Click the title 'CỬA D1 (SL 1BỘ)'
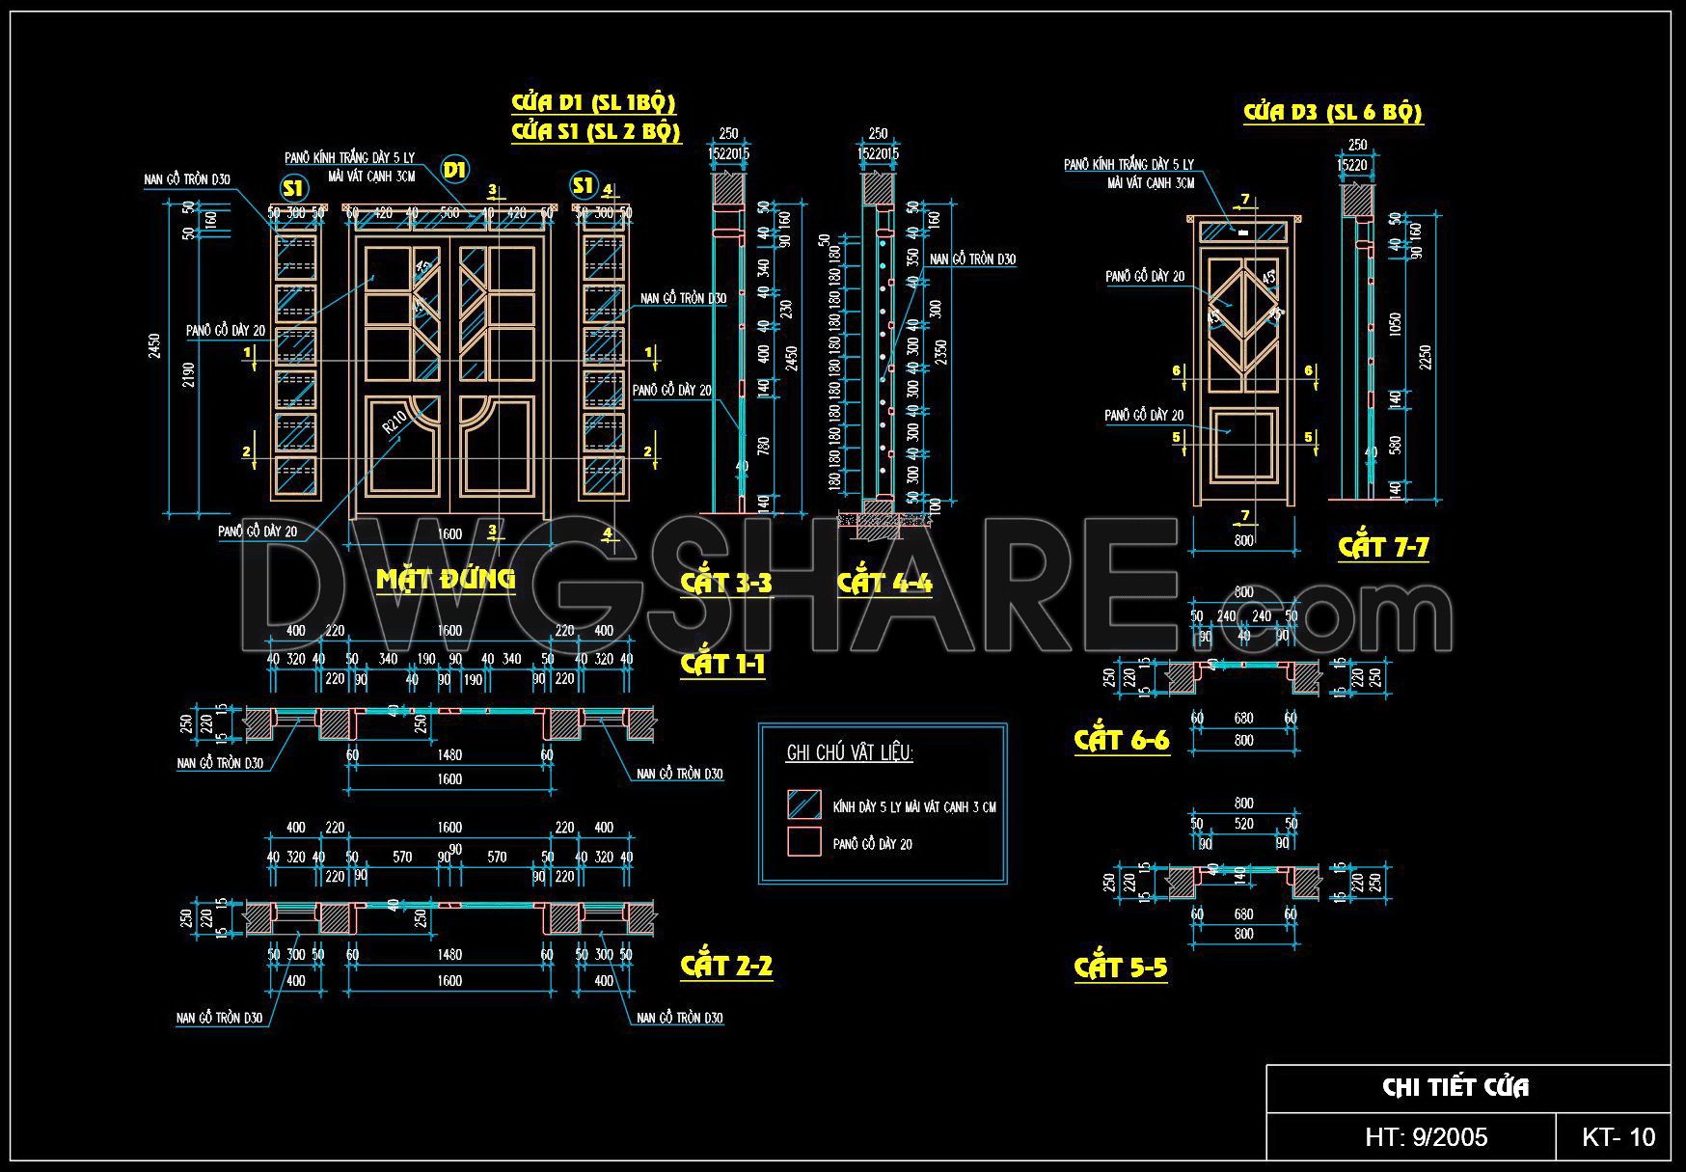593,103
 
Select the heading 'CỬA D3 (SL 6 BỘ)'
1333,112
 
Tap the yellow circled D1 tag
454,171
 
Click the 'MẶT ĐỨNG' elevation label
446,579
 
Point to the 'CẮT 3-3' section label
725,583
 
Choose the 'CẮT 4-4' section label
884,583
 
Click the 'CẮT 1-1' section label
722,664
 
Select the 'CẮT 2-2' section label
726,966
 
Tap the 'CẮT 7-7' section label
1383,548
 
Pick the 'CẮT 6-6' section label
1122,740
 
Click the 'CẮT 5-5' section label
1121,968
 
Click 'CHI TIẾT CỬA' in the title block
1455,1088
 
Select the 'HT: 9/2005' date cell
1426,1137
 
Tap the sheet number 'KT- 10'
1618,1137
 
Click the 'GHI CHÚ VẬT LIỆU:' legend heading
850,753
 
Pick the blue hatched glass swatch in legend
804,805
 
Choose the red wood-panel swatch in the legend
804,842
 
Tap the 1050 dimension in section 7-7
1394,324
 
